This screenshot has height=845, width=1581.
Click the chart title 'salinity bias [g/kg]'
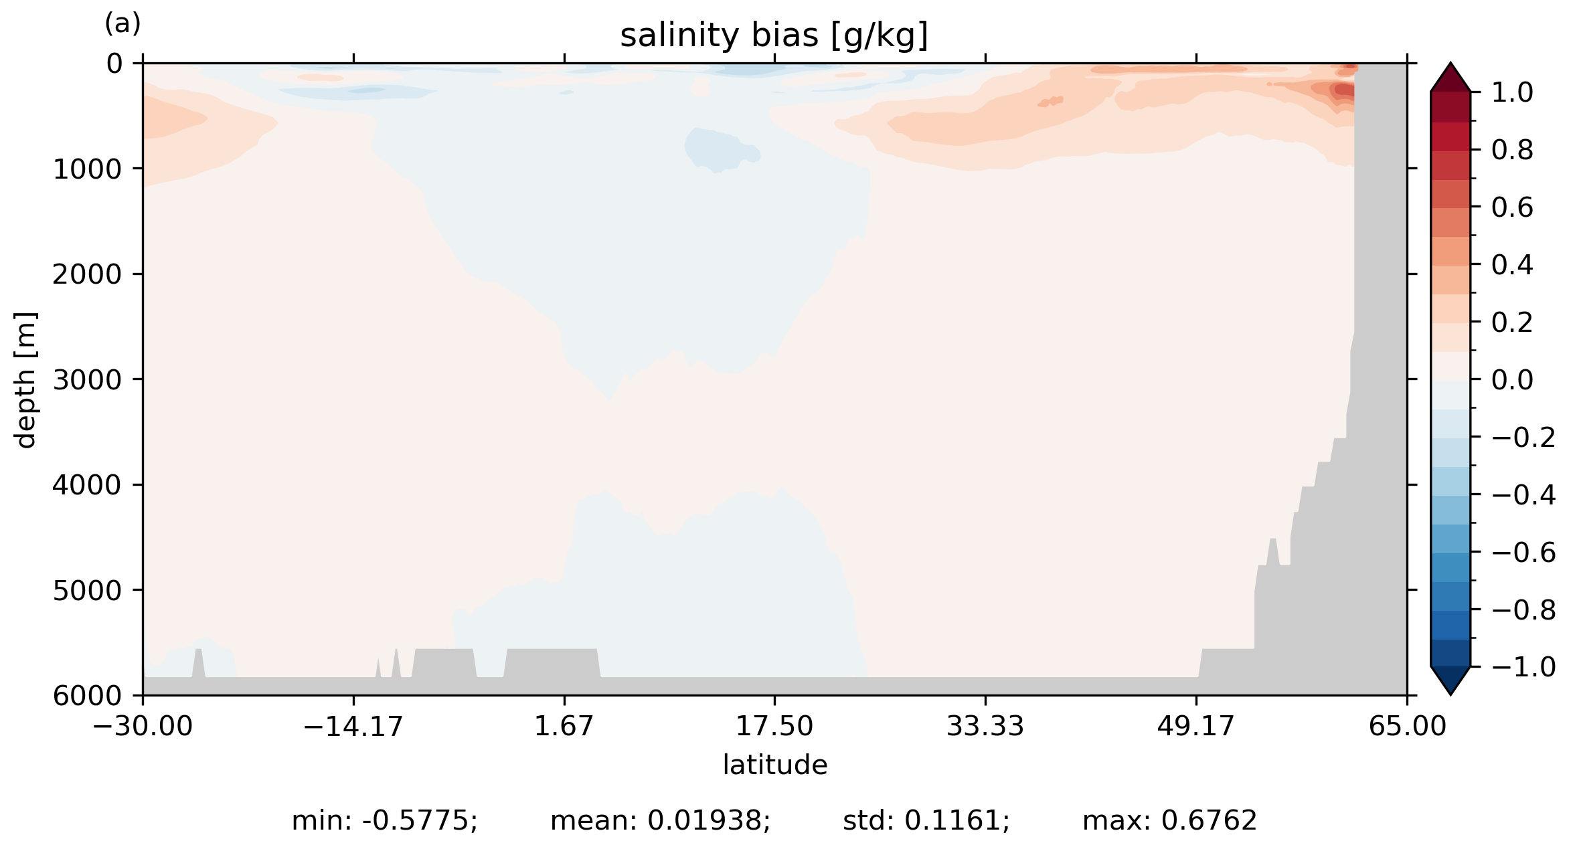tap(774, 36)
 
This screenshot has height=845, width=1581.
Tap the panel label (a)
tap(122, 24)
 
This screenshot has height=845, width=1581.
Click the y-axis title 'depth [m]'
tap(25, 379)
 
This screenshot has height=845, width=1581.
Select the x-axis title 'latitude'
tap(774, 765)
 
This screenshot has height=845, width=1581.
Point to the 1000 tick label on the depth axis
tap(87, 169)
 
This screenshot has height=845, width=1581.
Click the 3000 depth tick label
tap(87, 380)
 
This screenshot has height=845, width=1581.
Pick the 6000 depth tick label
tap(87, 696)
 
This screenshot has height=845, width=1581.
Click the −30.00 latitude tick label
tap(143, 726)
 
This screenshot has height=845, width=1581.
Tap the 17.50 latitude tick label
tap(774, 726)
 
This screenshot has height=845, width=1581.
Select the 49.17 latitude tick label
tap(1195, 726)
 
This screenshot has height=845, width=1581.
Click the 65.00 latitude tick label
tap(1407, 726)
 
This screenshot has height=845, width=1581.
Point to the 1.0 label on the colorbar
tap(1512, 92)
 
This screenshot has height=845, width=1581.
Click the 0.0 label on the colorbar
tap(1512, 380)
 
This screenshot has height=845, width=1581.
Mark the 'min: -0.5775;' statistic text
tap(384, 820)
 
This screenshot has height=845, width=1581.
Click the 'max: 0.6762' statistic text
tap(1169, 820)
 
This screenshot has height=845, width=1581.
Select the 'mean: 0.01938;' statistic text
tap(660, 820)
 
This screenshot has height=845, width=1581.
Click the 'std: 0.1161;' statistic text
tap(926, 820)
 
